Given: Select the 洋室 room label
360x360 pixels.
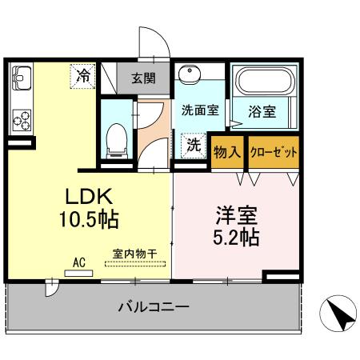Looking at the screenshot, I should click(x=236, y=214).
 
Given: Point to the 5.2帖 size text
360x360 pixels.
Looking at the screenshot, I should click(x=236, y=237).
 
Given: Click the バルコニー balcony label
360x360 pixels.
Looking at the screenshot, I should click(x=153, y=306).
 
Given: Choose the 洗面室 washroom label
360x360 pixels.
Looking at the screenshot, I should click(x=199, y=111).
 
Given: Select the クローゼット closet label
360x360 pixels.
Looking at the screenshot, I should click(x=274, y=151).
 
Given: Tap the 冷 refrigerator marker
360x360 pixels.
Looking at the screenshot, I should click(x=83, y=76).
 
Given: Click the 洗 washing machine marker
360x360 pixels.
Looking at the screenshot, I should click(x=194, y=145).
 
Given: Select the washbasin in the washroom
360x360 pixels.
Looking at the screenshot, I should click(x=190, y=77).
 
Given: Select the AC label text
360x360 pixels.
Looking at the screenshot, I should click(x=78, y=261).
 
